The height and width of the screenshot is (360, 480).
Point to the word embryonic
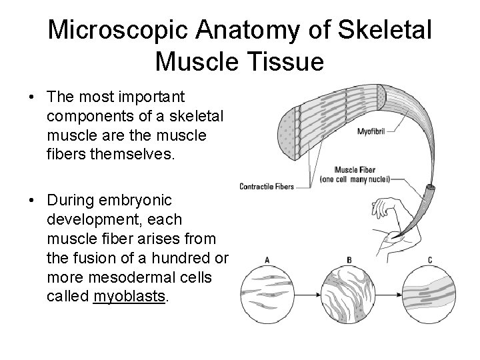(133, 200)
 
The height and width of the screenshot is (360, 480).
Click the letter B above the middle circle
(350, 259)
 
